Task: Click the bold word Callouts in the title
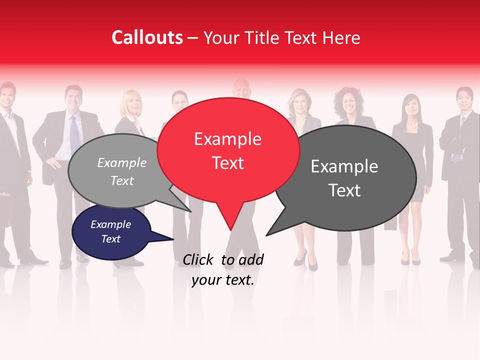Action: click(147, 37)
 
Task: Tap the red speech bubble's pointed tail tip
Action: click(230, 230)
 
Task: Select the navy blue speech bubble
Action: click(111, 232)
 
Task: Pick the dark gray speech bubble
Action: click(345, 178)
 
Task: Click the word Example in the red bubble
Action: click(227, 139)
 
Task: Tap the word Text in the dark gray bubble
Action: click(344, 190)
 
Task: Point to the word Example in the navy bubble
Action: click(110, 224)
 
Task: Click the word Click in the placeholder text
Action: click(199, 259)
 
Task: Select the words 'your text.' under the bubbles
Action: click(223, 280)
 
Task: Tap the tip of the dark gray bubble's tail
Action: click(266, 235)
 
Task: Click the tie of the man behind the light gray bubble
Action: click(74, 132)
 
